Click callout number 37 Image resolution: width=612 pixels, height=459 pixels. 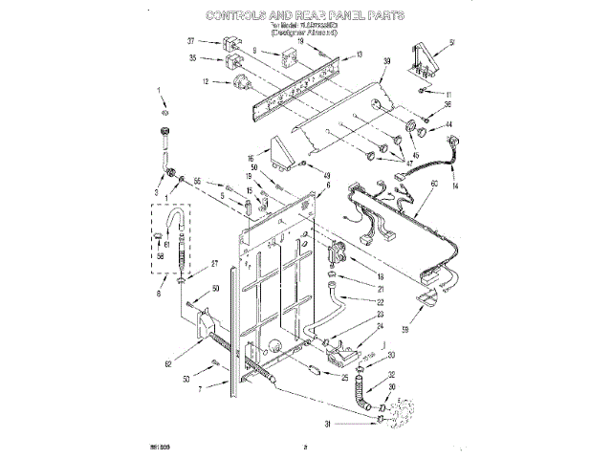pos(191,42)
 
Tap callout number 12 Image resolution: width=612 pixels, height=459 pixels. pos(205,82)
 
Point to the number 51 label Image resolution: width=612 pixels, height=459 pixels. pos(451,41)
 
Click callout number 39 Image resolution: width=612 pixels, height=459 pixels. pos(386,60)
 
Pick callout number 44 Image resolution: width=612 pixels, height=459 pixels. pos(448,125)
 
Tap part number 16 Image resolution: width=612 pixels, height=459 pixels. pos(251,160)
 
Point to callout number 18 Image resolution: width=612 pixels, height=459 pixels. pos(379,275)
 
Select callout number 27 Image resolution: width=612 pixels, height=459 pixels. pos(214,264)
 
